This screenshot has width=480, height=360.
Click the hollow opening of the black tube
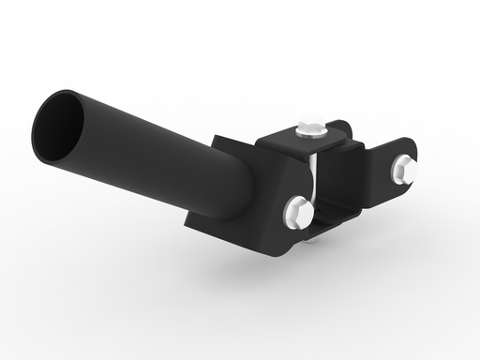pyautogui.click(x=61, y=120)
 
